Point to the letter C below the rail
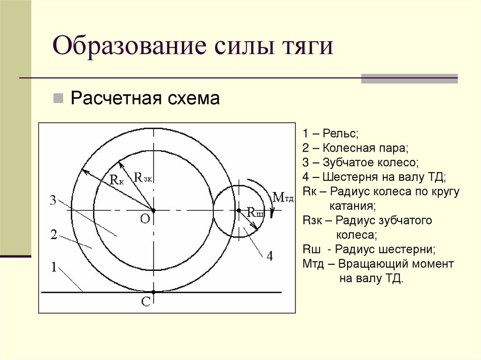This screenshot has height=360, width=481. (x=146, y=303)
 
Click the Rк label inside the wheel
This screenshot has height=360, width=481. (x=117, y=179)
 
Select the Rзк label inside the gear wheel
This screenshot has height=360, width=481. (x=143, y=177)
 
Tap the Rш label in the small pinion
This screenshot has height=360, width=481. (x=255, y=214)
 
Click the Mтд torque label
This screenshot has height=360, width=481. (x=283, y=197)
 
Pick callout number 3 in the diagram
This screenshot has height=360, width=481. (x=53, y=201)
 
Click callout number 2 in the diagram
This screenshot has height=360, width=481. (x=54, y=235)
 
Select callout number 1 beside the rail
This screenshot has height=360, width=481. (x=54, y=267)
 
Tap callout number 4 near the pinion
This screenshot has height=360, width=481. (x=269, y=256)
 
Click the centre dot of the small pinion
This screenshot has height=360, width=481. (x=238, y=211)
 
